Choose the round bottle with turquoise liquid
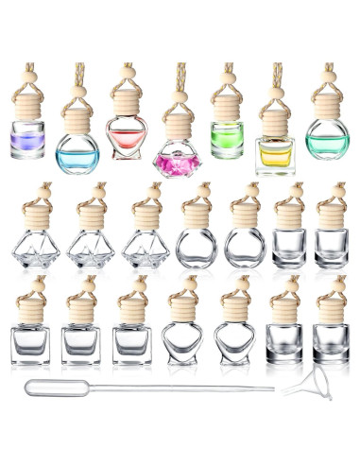(x=327, y=144)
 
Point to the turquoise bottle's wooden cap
(x=327, y=110)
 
